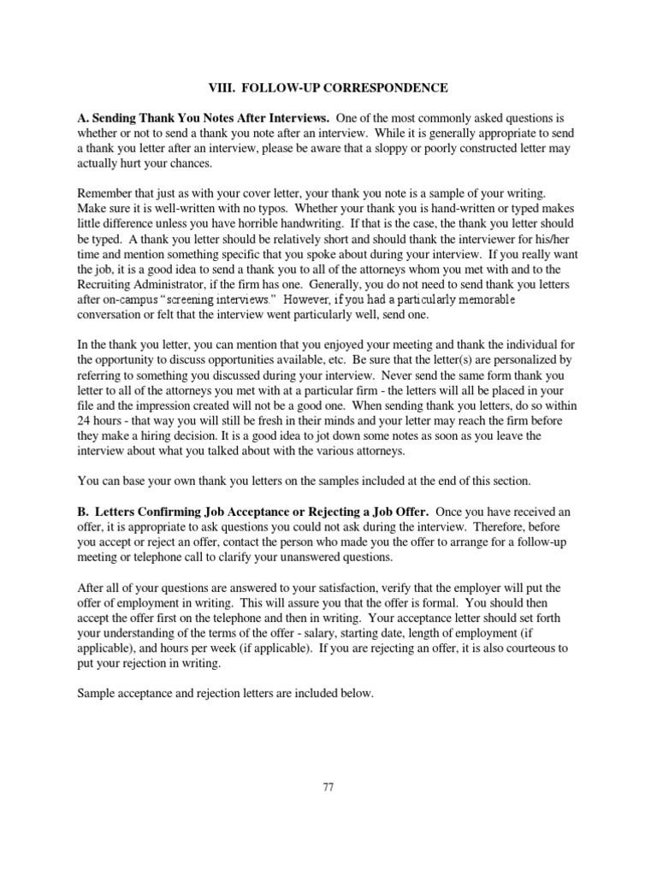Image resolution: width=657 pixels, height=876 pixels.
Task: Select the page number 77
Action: point(328,787)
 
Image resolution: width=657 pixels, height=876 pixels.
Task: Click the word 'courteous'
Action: point(529,648)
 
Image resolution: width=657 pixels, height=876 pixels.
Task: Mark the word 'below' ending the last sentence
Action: point(357,694)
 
